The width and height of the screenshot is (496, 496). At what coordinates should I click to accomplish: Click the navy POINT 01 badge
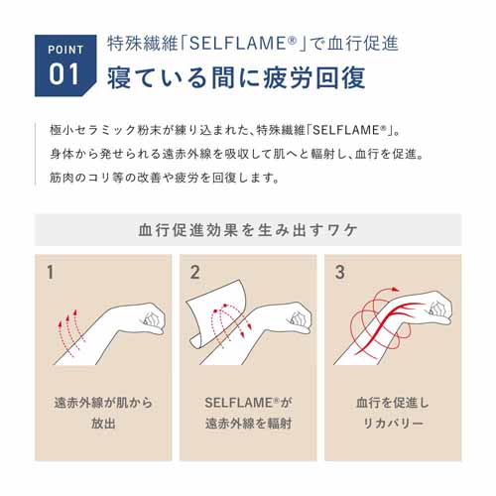coord(65,65)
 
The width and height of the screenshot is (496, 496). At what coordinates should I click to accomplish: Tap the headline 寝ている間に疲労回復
coord(236,77)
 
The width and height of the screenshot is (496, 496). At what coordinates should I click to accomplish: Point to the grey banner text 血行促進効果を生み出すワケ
coord(248,230)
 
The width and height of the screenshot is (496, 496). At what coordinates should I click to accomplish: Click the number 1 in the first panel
coord(51,272)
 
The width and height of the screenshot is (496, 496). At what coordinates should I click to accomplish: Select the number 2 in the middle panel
coord(195,272)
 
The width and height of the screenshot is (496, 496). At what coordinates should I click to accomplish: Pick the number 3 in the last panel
coord(340,272)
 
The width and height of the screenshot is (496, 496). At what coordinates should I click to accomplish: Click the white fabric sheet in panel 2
coord(215,314)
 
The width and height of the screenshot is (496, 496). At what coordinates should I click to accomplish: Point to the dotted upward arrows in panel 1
coord(70,330)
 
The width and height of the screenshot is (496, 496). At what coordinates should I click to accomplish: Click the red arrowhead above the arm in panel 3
coord(395,290)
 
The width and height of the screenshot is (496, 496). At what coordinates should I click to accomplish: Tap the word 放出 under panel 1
coord(103,424)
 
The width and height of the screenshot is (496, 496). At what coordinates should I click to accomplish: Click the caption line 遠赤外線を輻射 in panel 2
coord(248,424)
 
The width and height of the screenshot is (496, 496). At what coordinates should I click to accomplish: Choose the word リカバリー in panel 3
coord(393,424)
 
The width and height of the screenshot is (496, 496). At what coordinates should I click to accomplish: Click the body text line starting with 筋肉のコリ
coord(165,178)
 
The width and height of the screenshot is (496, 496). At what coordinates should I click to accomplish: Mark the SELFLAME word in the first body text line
coord(346,130)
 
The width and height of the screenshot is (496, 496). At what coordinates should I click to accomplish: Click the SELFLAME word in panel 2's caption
coord(238,403)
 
